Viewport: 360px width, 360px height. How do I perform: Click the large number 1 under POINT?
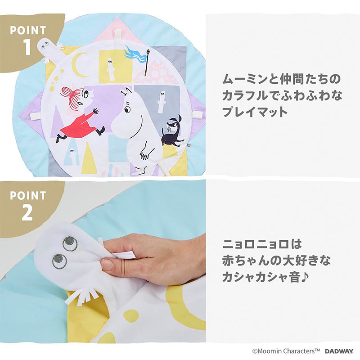coord(27,47)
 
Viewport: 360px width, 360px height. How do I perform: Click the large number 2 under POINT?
coord(27,212)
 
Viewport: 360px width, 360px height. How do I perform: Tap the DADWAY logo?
coord(339,351)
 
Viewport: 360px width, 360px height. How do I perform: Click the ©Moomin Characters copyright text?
coord(286,351)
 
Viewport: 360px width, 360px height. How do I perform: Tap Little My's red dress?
coord(79,125)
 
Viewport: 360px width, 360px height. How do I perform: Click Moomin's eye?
coord(126,108)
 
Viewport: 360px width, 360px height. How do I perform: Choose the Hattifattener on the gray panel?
coord(162,101)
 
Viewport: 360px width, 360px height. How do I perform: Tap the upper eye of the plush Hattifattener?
coord(68,243)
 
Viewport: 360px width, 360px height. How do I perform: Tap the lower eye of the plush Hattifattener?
coord(59,261)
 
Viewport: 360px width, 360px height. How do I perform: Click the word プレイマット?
coord(255,112)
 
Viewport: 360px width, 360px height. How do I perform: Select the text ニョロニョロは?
coord(261,244)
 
